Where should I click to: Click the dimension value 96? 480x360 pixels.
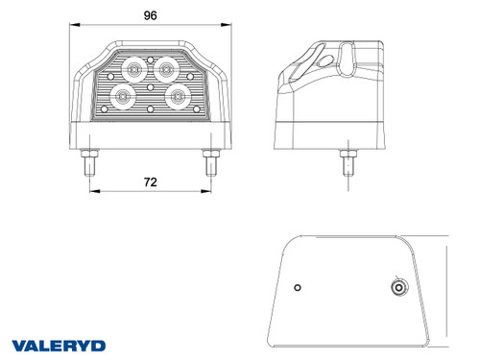click(x=150, y=15)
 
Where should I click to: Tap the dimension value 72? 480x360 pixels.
click(x=150, y=181)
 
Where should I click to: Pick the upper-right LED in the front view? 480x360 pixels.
click(x=167, y=67)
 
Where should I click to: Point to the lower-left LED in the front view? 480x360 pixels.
click(x=122, y=96)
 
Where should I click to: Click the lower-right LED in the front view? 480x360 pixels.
click(x=178, y=95)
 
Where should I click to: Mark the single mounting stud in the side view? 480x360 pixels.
click(x=343, y=162)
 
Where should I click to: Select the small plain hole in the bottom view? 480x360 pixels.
click(x=299, y=288)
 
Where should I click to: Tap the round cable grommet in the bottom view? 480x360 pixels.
click(x=395, y=287)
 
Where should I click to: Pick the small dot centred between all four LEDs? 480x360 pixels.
click(x=151, y=86)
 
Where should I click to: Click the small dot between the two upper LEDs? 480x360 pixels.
click(x=151, y=60)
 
